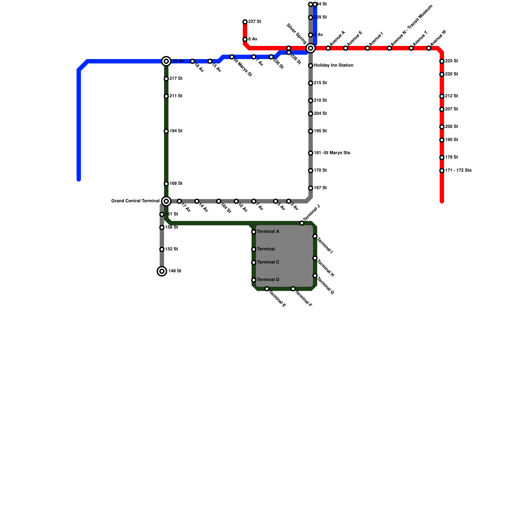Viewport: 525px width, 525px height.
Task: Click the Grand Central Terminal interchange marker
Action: (166, 201)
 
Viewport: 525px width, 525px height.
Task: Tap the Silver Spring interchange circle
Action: (310, 48)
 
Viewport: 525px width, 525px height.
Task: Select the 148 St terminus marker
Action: (162, 271)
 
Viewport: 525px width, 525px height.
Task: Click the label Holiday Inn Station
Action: (333, 66)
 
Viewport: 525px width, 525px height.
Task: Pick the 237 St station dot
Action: (245, 22)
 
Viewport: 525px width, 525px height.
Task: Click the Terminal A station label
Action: (268, 232)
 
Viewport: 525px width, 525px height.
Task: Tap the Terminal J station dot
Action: (302, 223)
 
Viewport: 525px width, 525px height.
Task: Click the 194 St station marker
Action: (166, 131)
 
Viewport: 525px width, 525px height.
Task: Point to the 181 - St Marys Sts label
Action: (332, 153)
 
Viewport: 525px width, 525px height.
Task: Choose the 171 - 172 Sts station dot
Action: (442, 171)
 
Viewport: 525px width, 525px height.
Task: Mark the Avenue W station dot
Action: (429, 48)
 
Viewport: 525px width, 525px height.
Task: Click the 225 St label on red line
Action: (451, 61)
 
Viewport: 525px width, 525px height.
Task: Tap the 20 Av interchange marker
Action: (166, 61)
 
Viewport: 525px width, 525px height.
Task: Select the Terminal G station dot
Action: (315, 276)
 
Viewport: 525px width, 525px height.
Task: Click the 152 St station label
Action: (172, 249)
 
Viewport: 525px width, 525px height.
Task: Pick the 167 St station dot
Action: (310, 188)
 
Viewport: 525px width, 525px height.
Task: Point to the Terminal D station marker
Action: (254, 280)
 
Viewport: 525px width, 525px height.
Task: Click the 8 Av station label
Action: (253, 39)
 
